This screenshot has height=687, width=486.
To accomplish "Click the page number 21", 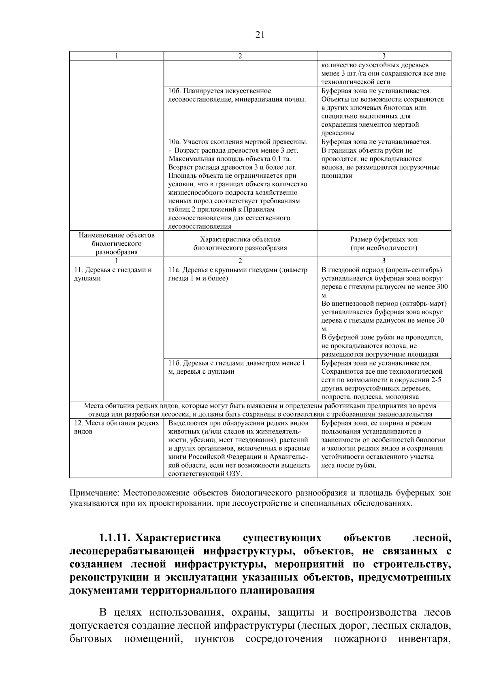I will coord(260,35).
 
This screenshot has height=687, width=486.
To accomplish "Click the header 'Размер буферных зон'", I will coord(384,239).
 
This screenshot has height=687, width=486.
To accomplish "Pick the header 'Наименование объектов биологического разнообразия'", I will coord(117,243).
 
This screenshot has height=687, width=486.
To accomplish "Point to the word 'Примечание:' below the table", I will coord(95,493).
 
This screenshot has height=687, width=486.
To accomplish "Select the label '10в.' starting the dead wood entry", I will coord(175,142).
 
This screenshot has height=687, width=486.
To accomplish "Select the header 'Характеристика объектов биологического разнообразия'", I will coord(240,243).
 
